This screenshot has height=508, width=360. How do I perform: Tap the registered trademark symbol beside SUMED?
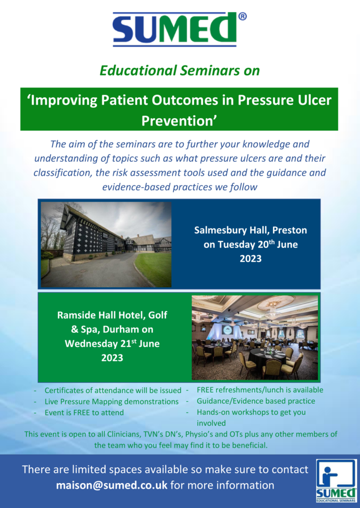click(242, 16)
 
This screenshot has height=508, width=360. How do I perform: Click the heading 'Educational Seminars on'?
click(180, 70)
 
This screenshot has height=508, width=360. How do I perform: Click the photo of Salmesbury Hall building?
click(106, 245)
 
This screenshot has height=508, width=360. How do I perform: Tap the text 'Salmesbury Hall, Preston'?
click(250, 230)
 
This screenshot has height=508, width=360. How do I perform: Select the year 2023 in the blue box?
click(250, 258)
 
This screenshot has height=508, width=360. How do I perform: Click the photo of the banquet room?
click(255, 337)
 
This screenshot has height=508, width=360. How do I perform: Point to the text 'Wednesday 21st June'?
click(112, 343)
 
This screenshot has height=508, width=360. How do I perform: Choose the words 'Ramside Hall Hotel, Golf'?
click(112, 315)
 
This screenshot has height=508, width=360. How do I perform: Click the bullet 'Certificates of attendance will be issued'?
click(113, 390)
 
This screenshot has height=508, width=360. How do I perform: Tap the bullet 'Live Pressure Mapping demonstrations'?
click(112, 401)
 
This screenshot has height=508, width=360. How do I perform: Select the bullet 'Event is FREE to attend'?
click(84, 412)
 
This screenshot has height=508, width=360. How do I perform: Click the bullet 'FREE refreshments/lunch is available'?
click(260, 390)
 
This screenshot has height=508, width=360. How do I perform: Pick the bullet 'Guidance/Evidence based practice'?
click(256, 401)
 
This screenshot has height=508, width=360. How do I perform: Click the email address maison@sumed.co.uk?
click(112, 485)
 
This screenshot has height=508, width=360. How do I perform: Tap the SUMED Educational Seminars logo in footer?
click(336, 480)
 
